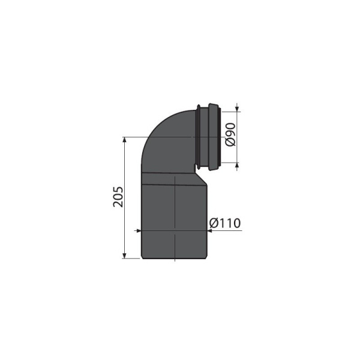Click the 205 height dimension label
pos(118,197)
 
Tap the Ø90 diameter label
pos(230,136)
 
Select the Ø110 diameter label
pos(225,223)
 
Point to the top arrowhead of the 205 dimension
pos(125,139)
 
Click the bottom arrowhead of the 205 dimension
pos(125,256)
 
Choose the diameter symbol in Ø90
pos(230,143)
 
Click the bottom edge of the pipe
pos(174,259)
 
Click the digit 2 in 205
pos(118,205)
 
